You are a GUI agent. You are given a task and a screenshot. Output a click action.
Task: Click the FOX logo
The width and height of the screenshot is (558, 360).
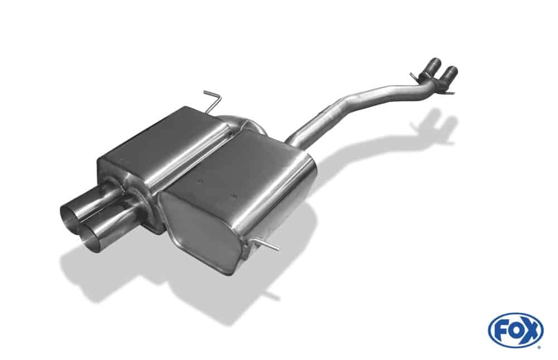coord(516,330)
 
